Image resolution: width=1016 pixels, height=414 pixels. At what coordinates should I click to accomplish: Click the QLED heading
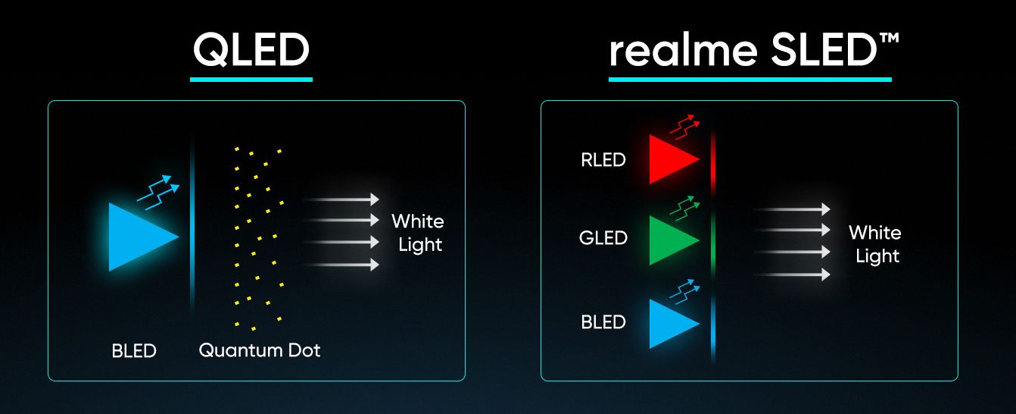(x=251, y=49)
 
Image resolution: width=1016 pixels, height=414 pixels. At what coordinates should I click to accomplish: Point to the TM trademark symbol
(x=889, y=38)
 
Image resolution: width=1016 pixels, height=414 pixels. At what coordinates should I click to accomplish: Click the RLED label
(x=603, y=160)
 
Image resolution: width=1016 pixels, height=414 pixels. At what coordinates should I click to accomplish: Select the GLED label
(x=603, y=237)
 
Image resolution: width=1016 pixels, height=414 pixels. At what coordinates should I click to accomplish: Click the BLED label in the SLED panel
(x=603, y=322)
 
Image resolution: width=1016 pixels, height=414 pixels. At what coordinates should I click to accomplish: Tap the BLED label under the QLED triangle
(x=134, y=351)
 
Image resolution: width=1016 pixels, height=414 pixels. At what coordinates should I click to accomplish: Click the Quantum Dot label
(x=260, y=350)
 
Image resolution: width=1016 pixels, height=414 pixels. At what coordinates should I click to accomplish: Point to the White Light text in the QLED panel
(x=418, y=233)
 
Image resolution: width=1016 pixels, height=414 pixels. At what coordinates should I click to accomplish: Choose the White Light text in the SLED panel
(x=875, y=244)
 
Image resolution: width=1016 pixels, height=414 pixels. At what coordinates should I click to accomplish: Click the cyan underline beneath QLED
(x=251, y=80)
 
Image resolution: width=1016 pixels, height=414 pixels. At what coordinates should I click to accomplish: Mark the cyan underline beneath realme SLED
(x=750, y=80)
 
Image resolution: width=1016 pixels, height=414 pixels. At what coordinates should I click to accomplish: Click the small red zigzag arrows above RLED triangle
(x=685, y=127)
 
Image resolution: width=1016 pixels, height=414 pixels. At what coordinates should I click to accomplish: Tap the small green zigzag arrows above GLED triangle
(x=685, y=208)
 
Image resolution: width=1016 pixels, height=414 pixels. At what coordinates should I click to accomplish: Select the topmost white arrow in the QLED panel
(x=340, y=199)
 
